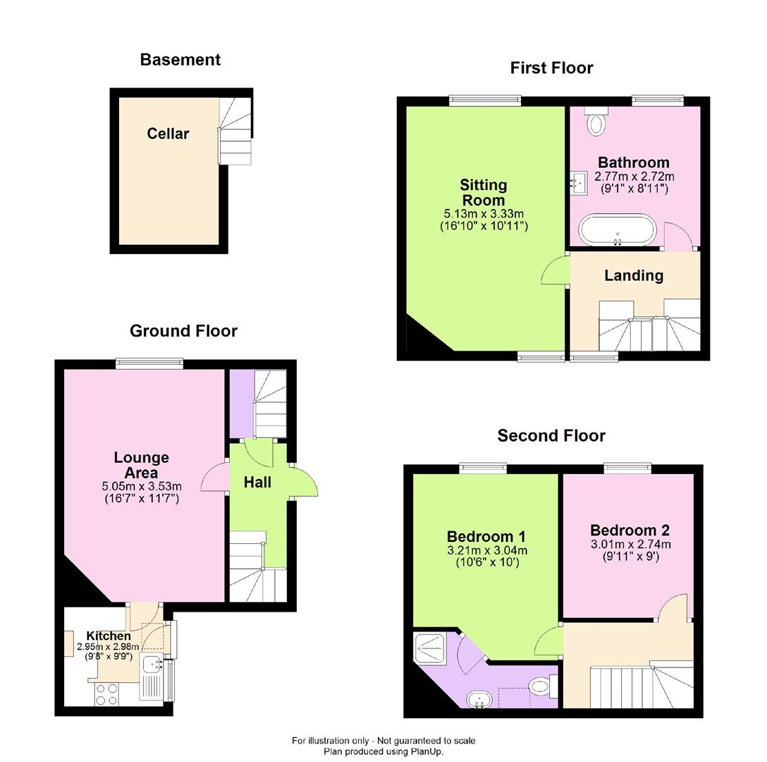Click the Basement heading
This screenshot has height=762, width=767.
pos(180,60)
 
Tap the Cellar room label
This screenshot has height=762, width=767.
pos(168,133)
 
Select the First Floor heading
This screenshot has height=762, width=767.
pos(551,68)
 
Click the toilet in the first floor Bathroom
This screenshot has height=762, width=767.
pos(596,122)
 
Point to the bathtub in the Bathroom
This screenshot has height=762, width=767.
pos(618,231)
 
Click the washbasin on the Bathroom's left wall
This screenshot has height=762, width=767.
pos(579,183)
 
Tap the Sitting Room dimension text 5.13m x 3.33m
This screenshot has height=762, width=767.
pos(483,214)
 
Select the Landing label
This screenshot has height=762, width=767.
pos(633,275)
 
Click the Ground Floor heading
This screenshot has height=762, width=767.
pos(183,331)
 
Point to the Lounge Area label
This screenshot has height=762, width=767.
pos(141,465)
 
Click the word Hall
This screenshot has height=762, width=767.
pos(257,483)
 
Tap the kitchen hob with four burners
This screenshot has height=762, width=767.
pos(106,694)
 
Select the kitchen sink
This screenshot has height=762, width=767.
pos(152,665)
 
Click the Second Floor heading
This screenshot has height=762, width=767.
pos(551,435)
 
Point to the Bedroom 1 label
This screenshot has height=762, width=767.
pos(486,536)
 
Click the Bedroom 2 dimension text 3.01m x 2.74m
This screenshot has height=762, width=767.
pos(630,544)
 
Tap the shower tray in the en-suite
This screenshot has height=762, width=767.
pos(430,644)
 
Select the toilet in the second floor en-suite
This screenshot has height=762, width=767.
pos(541,685)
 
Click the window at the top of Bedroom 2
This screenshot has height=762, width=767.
pos(627,468)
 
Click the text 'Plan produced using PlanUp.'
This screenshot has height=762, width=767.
pos(383,751)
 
